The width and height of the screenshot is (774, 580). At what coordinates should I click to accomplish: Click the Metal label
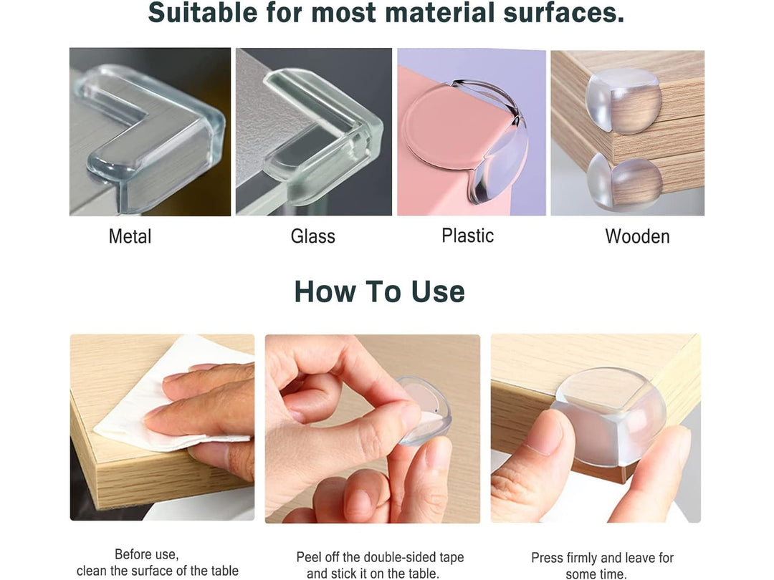pos(130,236)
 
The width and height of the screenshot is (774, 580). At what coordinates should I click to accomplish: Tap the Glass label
pos(313,236)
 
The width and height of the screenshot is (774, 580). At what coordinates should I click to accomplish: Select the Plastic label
pos(467,236)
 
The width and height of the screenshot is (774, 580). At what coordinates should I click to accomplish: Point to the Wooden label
pos(637,236)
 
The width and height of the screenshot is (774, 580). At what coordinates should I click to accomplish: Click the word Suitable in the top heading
pos(203,12)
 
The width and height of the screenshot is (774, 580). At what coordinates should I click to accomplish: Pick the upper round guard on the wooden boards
pos(623,101)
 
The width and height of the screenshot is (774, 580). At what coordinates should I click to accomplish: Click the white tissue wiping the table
pos(163,395)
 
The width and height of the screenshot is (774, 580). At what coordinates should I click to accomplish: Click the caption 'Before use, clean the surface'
pos(157,563)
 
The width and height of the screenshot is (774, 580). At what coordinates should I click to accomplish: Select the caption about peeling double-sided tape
pos(380,565)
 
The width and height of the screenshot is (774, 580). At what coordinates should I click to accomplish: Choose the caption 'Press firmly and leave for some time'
pos(602,566)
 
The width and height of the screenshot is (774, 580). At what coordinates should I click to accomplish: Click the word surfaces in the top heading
pos(564,12)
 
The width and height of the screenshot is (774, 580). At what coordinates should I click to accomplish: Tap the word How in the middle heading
pos(325,291)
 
